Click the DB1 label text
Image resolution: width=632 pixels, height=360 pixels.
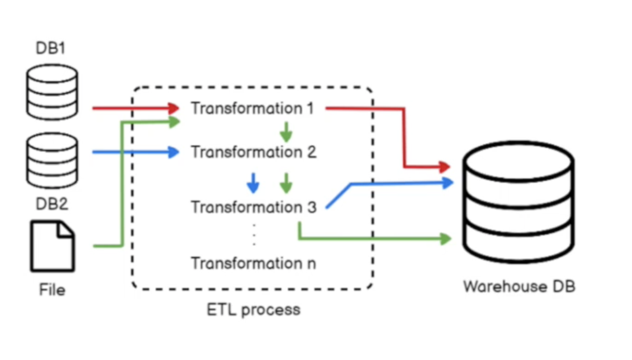click(x=51, y=48)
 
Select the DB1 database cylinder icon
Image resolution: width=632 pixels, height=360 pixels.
click(x=52, y=92)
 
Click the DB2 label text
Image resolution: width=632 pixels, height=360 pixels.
click(x=52, y=204)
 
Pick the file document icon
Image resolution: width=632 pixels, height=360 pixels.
click(x=52, y=246)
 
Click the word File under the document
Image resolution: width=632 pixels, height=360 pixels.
click(x=52, y=290)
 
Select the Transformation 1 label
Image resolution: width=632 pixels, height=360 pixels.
click(x=253, y=109)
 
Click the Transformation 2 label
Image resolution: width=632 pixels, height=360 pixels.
click(x=253, y=152)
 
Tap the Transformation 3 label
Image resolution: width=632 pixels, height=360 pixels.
click(x=253, y=207)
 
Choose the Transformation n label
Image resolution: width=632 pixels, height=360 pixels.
click(x=253, y=263)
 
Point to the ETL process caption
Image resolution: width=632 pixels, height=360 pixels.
click(x=253, y=309)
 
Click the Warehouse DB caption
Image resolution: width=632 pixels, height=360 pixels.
click(x=519, y=286)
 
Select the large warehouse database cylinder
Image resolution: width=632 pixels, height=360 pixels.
click(x=519, y=202)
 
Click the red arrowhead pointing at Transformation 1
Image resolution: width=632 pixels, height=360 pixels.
click(x=174, y=109)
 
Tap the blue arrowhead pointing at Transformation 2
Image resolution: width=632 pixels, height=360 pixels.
click(x=174, y=152)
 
